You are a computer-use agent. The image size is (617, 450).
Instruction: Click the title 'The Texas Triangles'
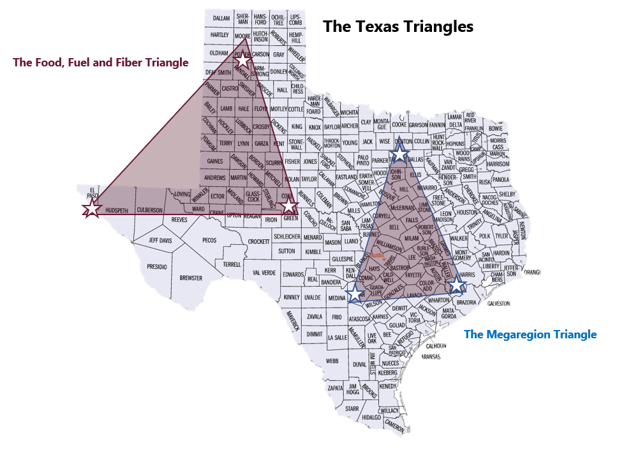(398, 26)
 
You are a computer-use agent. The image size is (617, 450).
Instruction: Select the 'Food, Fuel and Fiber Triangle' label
(101, 63)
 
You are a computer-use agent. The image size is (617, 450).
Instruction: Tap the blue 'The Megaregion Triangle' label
(530, 334)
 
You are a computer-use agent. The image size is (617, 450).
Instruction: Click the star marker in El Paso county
(92, 208)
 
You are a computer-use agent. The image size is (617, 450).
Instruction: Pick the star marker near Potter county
(242, 62)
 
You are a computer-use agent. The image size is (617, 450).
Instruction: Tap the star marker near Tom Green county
(290, 206)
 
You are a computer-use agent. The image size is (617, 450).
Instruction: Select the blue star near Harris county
(457, 286)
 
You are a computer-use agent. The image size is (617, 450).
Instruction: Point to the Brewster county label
(191, 278)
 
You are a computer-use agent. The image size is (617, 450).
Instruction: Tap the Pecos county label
(209, 241)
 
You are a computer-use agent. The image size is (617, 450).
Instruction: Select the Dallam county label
(221, 18)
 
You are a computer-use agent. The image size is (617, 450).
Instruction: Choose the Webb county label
(332, 361)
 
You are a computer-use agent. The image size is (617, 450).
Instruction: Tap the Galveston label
(498, 303)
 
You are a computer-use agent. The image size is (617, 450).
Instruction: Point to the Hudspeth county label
(117, 209)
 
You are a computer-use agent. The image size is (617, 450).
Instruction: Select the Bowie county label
(495, 128)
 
